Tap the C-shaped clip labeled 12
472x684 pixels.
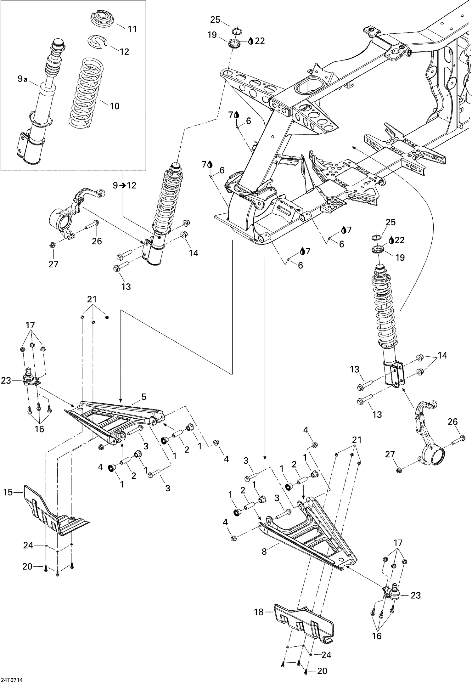pyautogui.click(x=98, y=42)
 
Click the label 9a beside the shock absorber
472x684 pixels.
pyautogui.click(x=22, y=79)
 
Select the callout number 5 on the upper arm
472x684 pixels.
pyautogui.click(x=143, y=397)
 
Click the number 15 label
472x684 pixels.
pyautogui.click(x=8, y=492)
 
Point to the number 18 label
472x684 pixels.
pyautogui.click(x=259, y=612)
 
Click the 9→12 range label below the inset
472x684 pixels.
pyautogui.click(x=125, y=185)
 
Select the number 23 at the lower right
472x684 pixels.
pyautogui.click(x=415, y=595)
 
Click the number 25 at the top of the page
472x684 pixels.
pyautogui.click(x=215, y=20)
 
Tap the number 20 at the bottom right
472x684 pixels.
pyautogui.click(x=322, y=671)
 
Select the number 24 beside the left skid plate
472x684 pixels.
pyautogui.click(x=28, y=545)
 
